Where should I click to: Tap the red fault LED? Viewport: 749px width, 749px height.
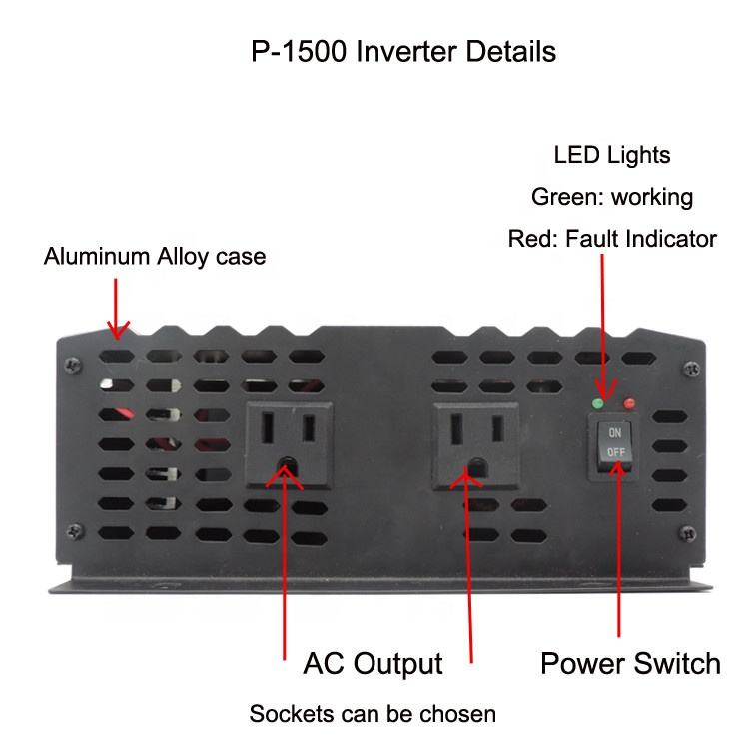click(x=629, y=404)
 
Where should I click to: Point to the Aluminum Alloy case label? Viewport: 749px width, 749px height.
click(x=155, y=256)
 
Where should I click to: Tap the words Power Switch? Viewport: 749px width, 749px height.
click(x=630, y=663)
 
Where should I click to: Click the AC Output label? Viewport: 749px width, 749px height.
click(x=373, y=663)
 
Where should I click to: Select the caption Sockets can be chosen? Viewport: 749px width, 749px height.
click(x=372, y=714)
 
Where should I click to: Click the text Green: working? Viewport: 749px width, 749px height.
click(x=612, y=197)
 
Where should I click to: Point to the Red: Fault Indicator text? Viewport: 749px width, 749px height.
click(x=612, y=239)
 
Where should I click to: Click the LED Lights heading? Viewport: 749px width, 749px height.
click(x=612, y=155)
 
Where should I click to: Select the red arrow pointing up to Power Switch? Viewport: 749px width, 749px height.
click(x=618, y=549)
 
